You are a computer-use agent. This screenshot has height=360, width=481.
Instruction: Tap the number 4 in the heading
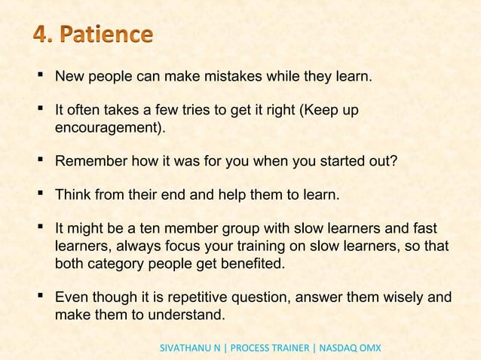pos(42,35)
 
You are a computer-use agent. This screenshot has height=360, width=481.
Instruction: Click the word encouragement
pos(110,128)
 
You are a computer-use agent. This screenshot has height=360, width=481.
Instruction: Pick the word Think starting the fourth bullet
pos(73,197)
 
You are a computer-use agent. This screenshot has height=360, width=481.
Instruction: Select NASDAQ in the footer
pos(336,349)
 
